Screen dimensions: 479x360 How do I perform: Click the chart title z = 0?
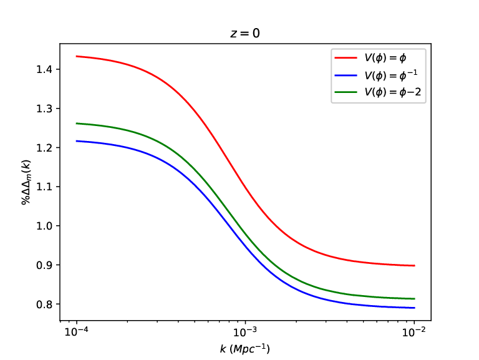pyautogui.click(x=245, y=33)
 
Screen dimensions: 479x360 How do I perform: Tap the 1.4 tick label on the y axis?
pyautogui.click(x=44, y=70)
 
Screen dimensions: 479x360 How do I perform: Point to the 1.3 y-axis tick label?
pyautogui.click(x=44, y=109)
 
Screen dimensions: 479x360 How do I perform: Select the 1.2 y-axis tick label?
pyautogui.click(x=44, y=148)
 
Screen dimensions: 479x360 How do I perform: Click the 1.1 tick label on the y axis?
pyautogui.click(x=44, y=187)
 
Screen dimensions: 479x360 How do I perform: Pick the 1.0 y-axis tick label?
pyautogui.click(x=44, y=226)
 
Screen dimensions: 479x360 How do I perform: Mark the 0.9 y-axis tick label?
pyautogui.click(x=44, y=265)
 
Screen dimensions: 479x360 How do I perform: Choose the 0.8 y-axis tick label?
pyautogui.click(x=44, y=304)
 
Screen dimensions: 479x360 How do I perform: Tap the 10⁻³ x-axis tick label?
pyautogui.click(x=245, y=332)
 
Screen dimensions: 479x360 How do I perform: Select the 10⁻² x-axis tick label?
pyautogui.click(x=414, y=332)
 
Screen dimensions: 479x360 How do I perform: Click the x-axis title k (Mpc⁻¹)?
pyautogui.click(x=245, y=349)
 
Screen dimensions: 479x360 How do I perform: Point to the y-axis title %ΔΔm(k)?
pyautogui.click(x=26, y=182)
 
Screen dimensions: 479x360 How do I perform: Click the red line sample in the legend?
pyautogui.click(x=346, y=57)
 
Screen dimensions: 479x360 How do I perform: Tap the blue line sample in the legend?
pyautogui.click(x=346, y=75)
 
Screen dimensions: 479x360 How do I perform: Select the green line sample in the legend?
pyautogui.click(x=346, y=92)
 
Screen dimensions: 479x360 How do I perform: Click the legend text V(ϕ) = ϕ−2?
pyautogui.click(x=393, y=92)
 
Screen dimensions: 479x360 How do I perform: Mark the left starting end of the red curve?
pyautogui.click(x=76, y=56)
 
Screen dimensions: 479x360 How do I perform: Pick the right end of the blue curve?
pyautogui.click(x=415, y=308)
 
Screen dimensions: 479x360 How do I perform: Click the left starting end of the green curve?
pyautogui.click(x=76, y=124)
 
